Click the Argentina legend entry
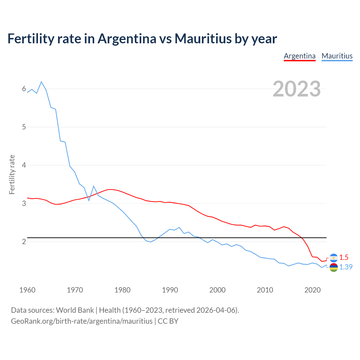click(x=300, y=56)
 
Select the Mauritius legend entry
click(x=337, y=56)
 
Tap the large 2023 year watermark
click(x=296, y=89)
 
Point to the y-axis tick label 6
click(x=24, y=89)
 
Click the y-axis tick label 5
click(x=24, y=127)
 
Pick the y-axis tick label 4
click(x=24, y=165)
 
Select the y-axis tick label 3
click(x=24, y=203)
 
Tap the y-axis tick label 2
click(x=24, y=242)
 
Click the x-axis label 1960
click(x=27, y=290)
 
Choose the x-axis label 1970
click(x=75, y=290)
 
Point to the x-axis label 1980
click(x=122, y=290)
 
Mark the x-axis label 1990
click(x=170, y=290)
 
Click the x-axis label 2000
click(x=217, y=290)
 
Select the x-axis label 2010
click(x=265, y=290)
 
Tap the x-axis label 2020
click(x=312, y=290)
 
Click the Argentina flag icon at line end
click(x=334, y=258)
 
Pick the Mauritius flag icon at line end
click(x=334, y=267)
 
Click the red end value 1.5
click(x=344, y=257)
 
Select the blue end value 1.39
click(x=346, y=267)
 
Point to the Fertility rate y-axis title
click(x=12, y=174)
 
